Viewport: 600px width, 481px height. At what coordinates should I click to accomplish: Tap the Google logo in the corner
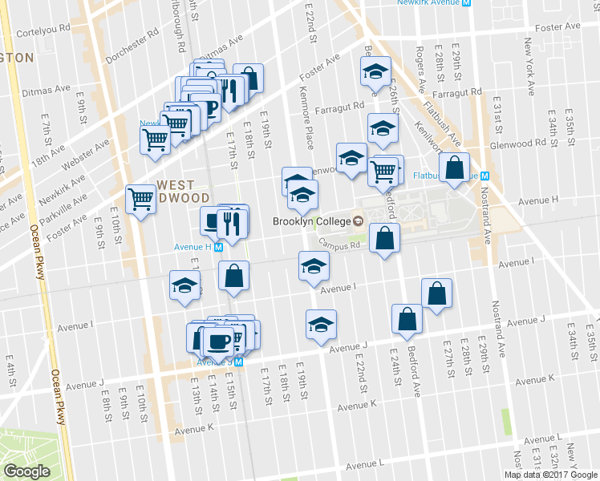pos(26,471)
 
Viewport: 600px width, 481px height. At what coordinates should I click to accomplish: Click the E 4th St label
pos(10,377)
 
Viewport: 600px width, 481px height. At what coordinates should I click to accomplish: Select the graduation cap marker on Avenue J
pos(321,325)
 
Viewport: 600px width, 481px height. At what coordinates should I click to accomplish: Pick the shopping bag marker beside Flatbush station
pos(454,168)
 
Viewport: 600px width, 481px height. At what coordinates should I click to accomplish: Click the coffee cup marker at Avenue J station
pos(217,341)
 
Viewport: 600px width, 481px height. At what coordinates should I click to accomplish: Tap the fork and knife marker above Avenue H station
pos(233,225)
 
